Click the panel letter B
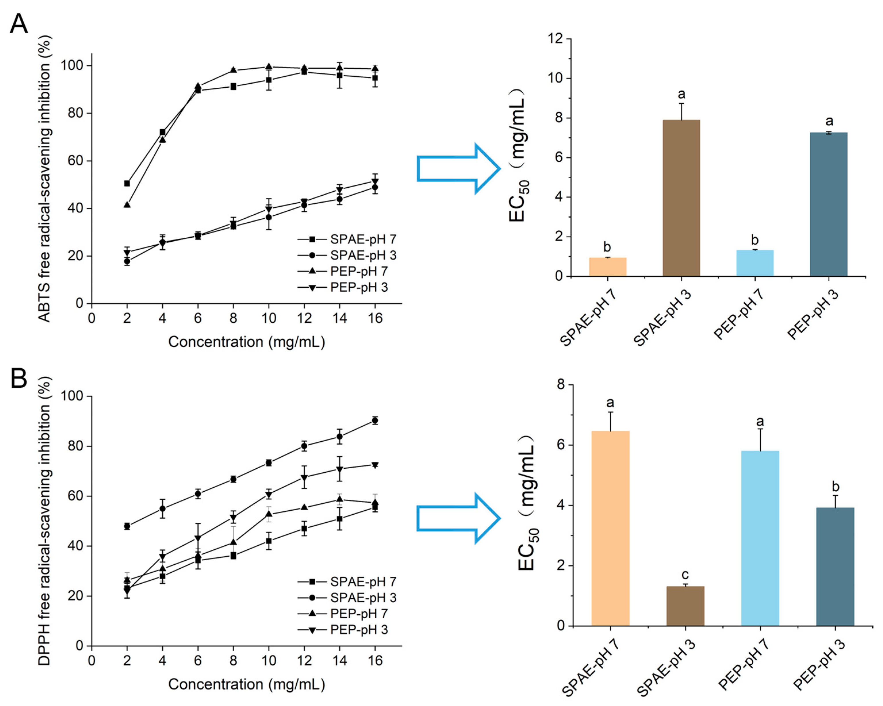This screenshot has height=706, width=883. click(x=19, y=378)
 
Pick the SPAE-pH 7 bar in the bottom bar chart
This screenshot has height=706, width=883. click(x=610, y=528)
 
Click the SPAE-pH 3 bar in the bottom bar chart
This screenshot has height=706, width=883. click(x=685, y=606)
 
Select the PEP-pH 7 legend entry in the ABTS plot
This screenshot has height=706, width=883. click(x=359, y=271)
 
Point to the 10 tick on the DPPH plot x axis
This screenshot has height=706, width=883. click(x=269, y=661)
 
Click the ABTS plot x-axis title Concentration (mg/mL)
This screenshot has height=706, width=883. click(x=247, y=342)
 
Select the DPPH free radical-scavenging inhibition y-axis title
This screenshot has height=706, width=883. click(x=45, y=521)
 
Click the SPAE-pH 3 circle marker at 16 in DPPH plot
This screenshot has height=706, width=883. click(x=374, y=421)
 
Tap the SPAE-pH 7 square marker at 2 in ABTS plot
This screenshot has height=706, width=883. click(x=127, y=183)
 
